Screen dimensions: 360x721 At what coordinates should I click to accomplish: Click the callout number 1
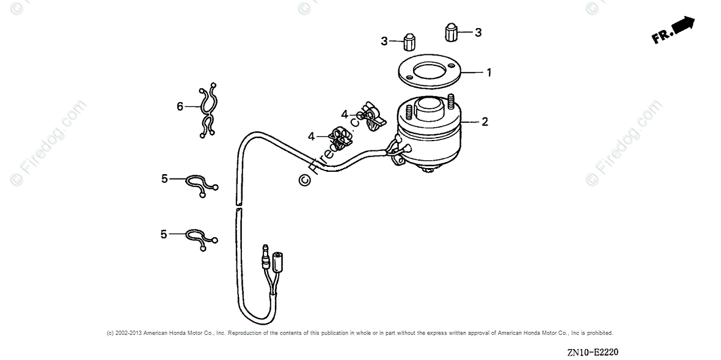click(x=489, y=72)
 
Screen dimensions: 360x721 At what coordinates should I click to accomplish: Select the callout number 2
click(x=485, y=122)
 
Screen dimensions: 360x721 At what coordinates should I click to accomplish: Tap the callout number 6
click(x=180, y=106)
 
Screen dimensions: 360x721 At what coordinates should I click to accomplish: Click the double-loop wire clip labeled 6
click(x=208, y=110)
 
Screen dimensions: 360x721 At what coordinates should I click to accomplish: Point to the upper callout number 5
click(x=164, y=178)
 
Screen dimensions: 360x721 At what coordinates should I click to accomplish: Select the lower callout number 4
click(x=312, y=136)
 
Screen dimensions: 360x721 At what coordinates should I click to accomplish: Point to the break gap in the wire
click(x=237, y=206)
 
